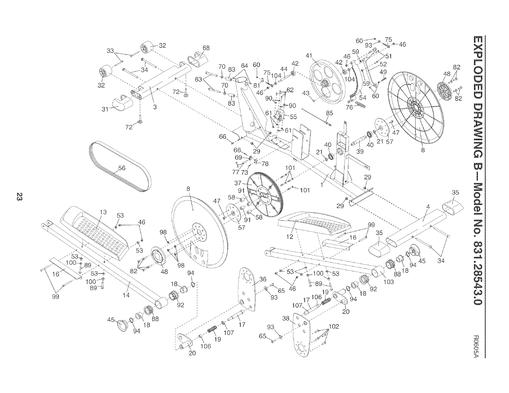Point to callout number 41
click(x=309, y=56)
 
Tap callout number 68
click(x=206, y=48)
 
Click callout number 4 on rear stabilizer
click(x=428, y=207)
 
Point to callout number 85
click(x=329, y=113)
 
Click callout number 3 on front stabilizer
click(x=155, y=107)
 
